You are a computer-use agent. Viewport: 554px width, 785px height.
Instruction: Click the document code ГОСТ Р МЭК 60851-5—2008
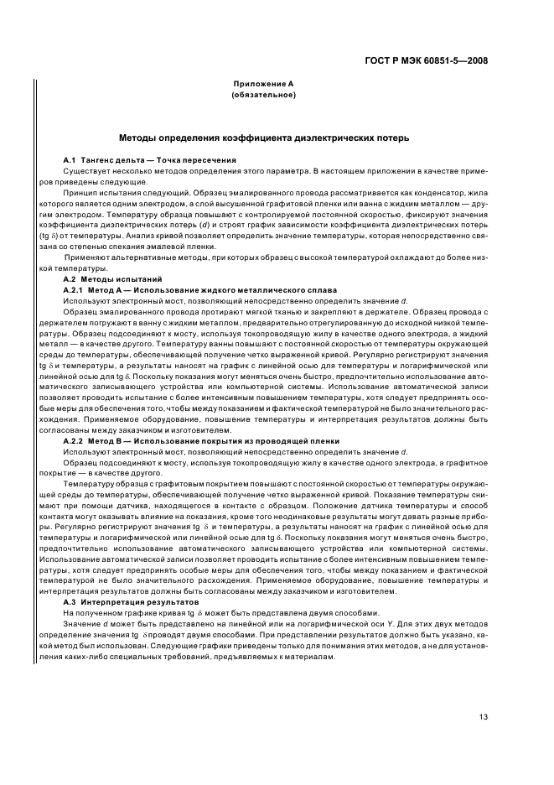click(427, 61)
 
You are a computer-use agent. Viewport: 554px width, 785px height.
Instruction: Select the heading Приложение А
click(263, 85)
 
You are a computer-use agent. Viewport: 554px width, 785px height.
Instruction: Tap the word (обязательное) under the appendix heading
click(263, 95)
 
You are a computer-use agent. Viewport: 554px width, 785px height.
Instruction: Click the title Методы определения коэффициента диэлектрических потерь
click(263, 138)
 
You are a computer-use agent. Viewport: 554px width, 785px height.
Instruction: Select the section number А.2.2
click(77, 440)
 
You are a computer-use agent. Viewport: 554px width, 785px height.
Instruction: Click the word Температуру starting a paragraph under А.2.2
click(90, 484)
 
